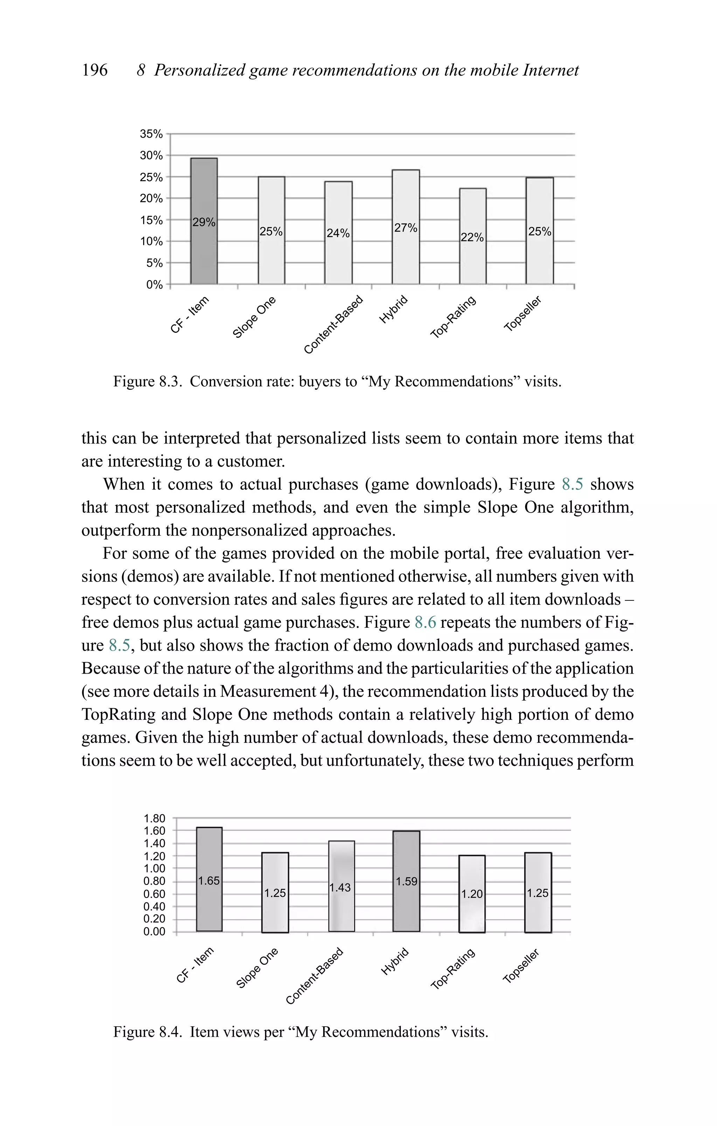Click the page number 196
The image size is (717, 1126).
click(95, 70)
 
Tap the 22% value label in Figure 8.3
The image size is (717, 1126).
click(472, 238)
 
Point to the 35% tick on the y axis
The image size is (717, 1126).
click(151, 134)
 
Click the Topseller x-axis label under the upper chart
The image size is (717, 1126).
click(522, 314)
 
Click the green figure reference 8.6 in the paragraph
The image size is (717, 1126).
click(425, 622)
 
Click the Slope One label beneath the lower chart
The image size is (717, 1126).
click(257, 968)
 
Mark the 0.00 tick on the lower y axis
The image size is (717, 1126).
click(154, 931)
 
